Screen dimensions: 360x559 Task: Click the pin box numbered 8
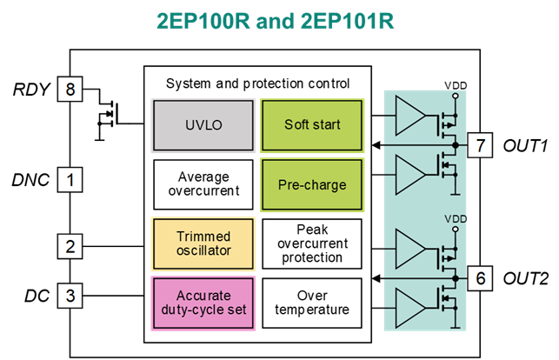[70, 90]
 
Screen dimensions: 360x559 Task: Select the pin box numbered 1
[70, 180]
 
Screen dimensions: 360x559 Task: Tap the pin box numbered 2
[70, 245]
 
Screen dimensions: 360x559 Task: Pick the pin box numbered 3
[70, 295]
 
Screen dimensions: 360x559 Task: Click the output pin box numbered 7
[480, 145]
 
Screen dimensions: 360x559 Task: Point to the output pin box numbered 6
[480, 277]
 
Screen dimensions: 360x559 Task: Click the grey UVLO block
[204, 125]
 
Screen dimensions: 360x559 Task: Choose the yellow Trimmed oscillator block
[203, 243]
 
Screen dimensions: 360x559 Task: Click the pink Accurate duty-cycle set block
[203, 303]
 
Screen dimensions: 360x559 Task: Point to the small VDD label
[456, 219]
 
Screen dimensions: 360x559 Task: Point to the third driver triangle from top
[409, 248]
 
